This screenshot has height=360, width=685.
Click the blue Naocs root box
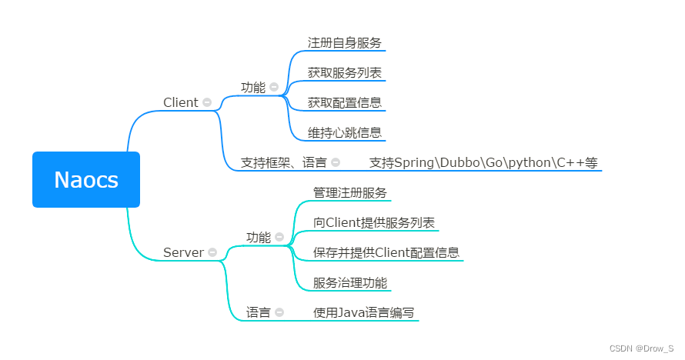pos(86,179)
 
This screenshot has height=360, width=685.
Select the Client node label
pos(181,102)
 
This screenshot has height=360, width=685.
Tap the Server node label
pos(183,252)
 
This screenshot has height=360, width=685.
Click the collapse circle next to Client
pos(206,102)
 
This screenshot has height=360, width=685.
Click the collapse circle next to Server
pos(212,252)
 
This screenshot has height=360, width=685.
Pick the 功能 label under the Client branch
pos(252,88)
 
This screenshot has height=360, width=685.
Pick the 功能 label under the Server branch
pos(259,237)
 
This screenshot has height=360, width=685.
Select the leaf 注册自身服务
pos(344,43)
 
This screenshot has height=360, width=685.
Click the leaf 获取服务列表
pos(344,73)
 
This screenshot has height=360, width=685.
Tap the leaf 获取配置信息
pos(344,102)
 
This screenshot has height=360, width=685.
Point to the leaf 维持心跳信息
pos(344,132)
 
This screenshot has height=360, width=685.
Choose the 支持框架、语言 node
pos(283,162)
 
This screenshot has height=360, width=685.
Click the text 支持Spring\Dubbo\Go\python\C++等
pos(483,162)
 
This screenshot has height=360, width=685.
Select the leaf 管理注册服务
pos(349,192)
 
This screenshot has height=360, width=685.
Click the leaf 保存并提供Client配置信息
pos(386,252)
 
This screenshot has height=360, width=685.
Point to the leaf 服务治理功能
pos(349,282)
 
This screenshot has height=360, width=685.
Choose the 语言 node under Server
pos(259,312)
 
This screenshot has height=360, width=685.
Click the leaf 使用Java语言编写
pos(363,312)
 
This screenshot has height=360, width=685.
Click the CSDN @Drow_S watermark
pos(641,348)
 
